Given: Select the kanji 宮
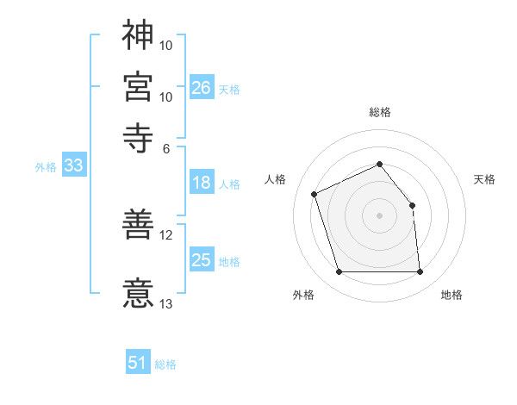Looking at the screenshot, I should [138, 86].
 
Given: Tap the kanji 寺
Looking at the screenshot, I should [138, 136].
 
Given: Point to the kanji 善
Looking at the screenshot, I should [138, 227].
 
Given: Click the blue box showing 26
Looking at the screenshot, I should [201, 87].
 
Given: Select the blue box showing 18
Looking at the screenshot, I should [201, 183].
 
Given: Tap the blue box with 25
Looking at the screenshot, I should [201, 260].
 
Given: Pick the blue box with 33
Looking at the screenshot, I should [72, 166].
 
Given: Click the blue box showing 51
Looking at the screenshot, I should [138, 363].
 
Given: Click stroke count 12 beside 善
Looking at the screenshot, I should [166, 234].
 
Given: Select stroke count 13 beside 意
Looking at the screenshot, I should [166, 303].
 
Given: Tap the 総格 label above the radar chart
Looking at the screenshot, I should [380, 112].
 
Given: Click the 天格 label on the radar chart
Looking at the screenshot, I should [485, 179].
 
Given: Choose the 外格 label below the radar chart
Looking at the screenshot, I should [303, 295].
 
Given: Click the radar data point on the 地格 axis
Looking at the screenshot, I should [420, 272].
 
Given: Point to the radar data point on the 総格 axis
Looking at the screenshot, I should [380, 164].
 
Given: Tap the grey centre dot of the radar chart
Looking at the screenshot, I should [380, 215].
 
